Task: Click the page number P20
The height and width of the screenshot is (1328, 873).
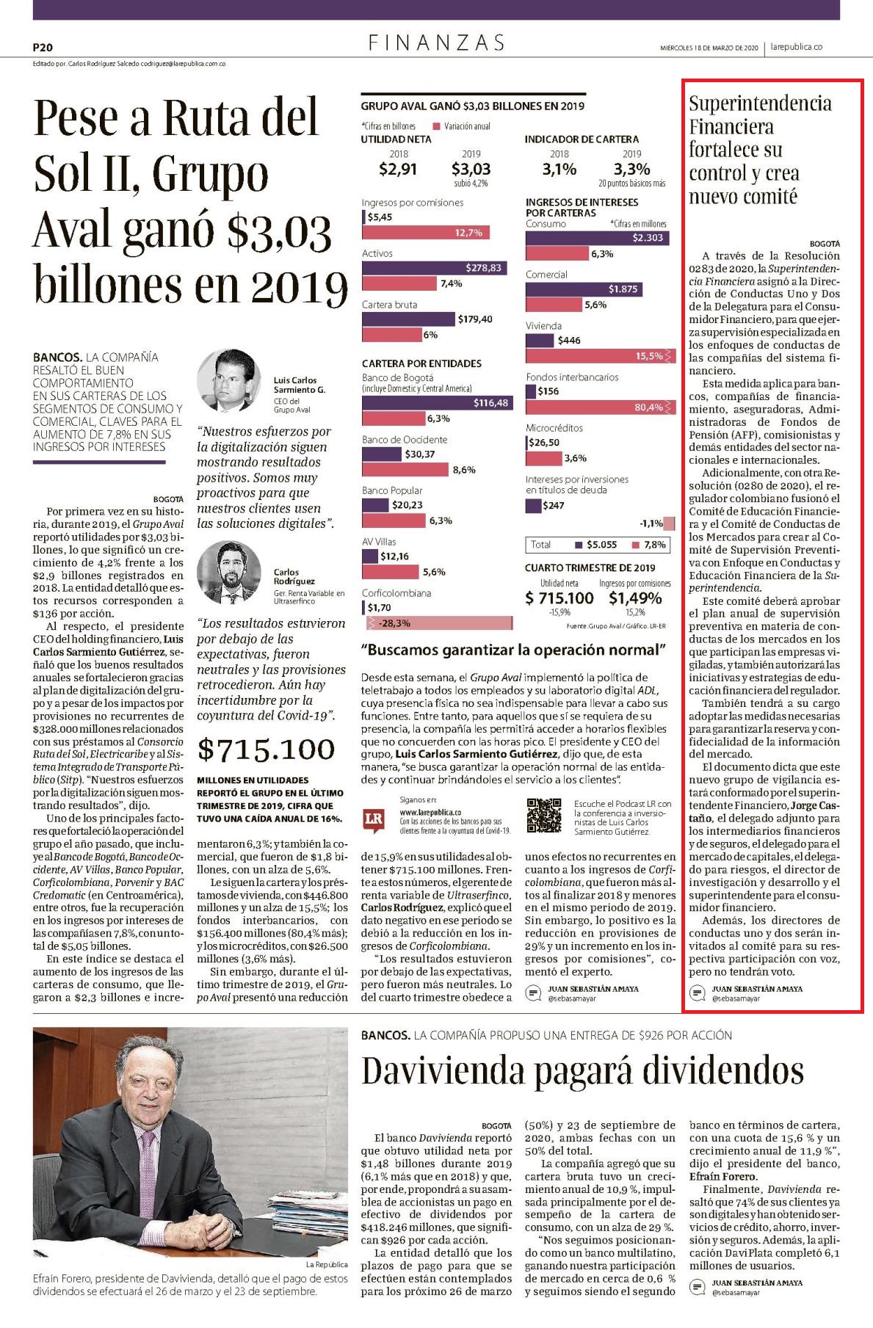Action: (x=43, y=46)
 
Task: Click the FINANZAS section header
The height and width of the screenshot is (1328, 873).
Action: (x=436, y=43)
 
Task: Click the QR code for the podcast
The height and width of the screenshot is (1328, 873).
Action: (x=545, y=816)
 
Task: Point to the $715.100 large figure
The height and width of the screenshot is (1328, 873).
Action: (x=266, y=750)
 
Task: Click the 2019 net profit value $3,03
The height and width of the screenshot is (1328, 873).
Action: (x=471, y=170)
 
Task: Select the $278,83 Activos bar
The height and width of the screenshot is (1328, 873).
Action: (x=433, y=268)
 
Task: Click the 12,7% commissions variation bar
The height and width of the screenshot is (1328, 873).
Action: (x=425, y=233)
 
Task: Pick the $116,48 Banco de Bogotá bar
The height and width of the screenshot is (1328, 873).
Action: (x=437, y=403)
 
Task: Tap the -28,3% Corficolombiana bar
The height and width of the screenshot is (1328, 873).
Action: (x=438, y=623)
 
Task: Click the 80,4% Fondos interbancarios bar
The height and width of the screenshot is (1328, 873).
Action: (x=597, y=407)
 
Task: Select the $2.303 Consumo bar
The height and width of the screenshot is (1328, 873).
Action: (x=597, y=238)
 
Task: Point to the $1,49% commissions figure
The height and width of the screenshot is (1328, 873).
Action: (x=634, y=598)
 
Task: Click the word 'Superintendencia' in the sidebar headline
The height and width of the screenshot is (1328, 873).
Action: (x=760, y=103)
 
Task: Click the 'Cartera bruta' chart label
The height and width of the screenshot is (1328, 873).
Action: (x=389, y=305)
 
